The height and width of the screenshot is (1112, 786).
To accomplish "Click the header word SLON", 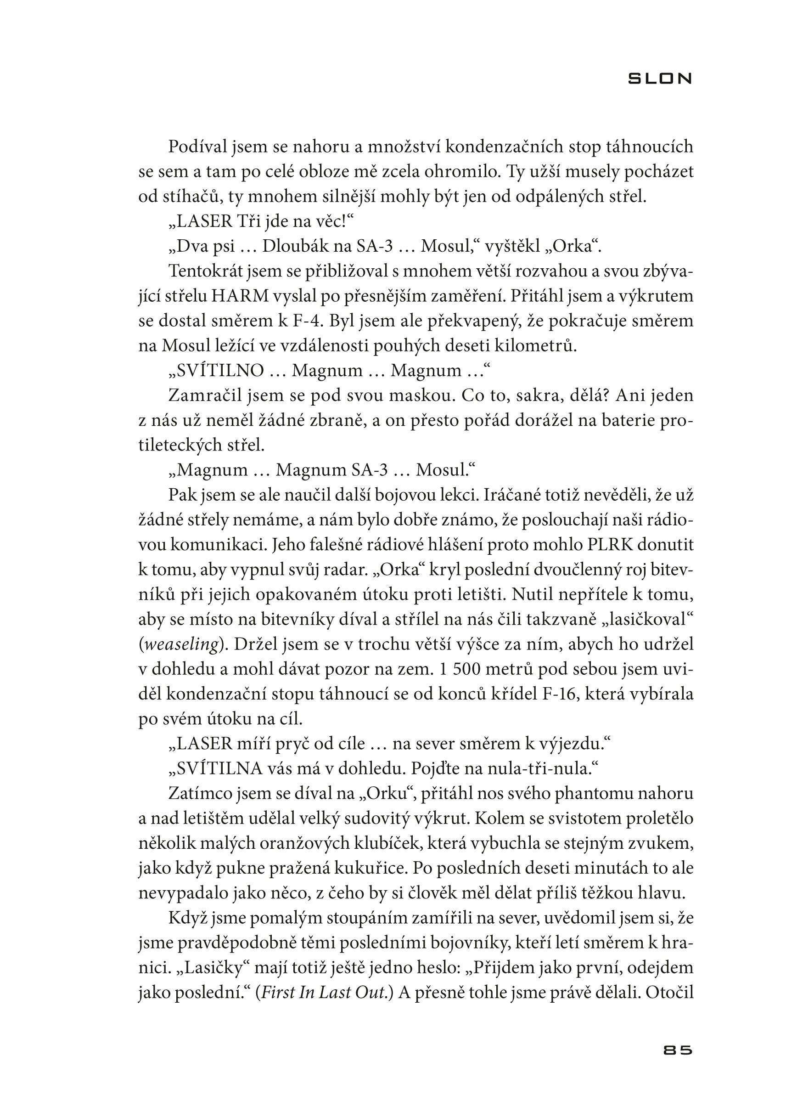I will click(660, 79).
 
